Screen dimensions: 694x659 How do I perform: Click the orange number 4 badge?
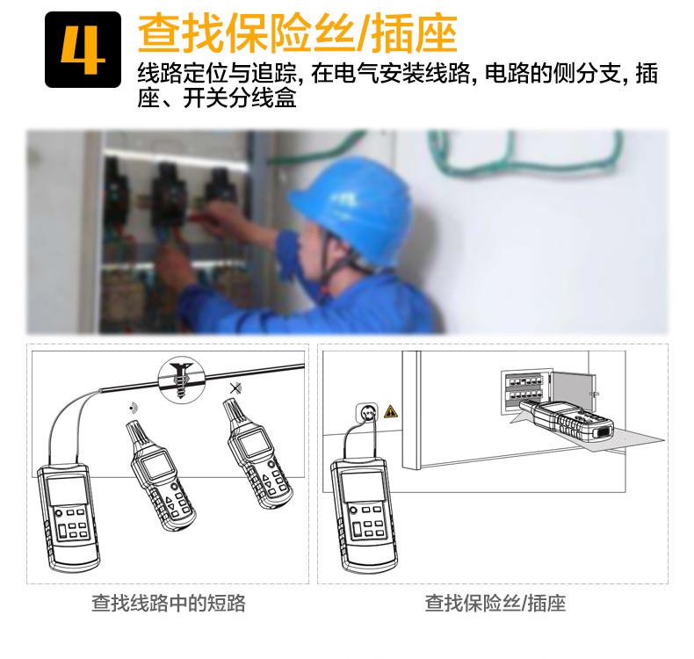pos(83,49)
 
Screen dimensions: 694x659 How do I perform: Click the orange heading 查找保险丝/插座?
pos(297,33)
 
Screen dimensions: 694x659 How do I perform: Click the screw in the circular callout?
pos(181,380)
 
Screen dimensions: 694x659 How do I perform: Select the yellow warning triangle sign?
pos(391,411)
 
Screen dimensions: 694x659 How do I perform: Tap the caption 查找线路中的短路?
pos(168,603)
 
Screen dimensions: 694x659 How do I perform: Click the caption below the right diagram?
pos(495,603)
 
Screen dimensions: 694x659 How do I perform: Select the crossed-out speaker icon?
pos(235,389)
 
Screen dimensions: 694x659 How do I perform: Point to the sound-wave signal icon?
pos(132,408)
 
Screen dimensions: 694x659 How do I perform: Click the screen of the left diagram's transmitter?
pos(67,491)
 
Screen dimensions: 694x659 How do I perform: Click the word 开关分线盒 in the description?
pos(240,98)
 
